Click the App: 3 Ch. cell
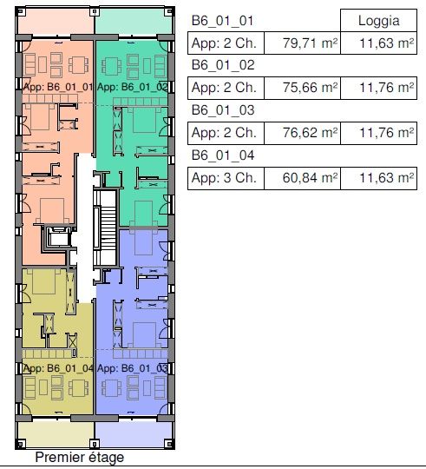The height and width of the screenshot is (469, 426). pyautogui.click(x=223, y=179)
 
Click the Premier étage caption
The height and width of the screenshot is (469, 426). pyautogui.click(x=79, y=458)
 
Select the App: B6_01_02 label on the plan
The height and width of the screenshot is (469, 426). pyautogui.click(x=132, y=87)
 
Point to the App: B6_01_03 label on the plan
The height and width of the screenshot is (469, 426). pyautogui.click(x=132, y=367)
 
